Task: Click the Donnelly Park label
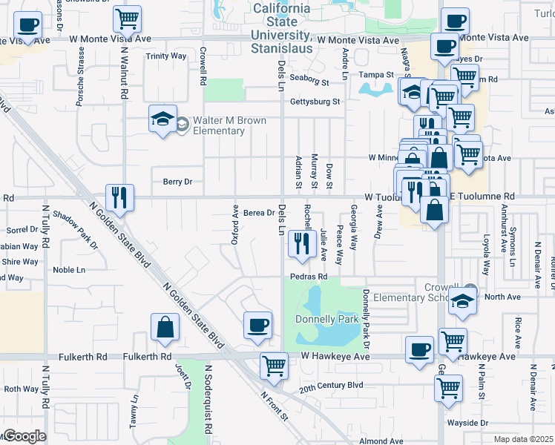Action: pyautogui.click(x=326, y=319)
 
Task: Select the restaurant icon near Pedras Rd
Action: pyautogui.click(x=301, y=244)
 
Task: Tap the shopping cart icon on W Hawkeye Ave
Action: pyautogui.click(x=274, y=366)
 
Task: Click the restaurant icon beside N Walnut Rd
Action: pyautogui.click(x=119, y=197)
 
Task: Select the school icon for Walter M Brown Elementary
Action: pyautogui.click(x=160, y=119)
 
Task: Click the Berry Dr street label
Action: pyautogui.click(x=177, y=181)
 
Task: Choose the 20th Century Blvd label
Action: pyautogui.click(x=331, y=386)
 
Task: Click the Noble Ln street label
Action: pyautogui.click(x=69, y=270)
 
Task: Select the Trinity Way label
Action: pyautogui.click(x=166, y=56)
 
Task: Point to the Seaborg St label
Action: pyautogui.click(x=309, y=82)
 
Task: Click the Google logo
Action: pyautogui.click(x=24, y=436)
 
